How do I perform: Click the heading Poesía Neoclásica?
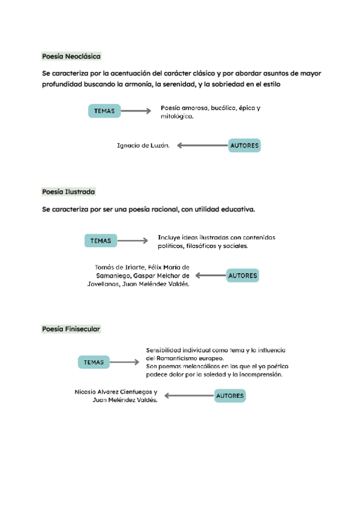[71, 56]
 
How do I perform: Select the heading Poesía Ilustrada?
[68, 191]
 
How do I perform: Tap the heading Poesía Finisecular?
[71, 329]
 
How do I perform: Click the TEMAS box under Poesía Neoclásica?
[104, 110]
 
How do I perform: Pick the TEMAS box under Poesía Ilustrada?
[101, 241]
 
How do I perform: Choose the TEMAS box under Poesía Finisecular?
[94, 362]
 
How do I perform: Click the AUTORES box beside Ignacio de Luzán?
[244, 145]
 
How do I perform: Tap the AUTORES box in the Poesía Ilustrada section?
[242, 276]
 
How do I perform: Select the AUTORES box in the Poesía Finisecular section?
[230, 396]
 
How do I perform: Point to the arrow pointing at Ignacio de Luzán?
[202, 145]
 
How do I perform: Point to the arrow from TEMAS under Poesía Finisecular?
[125, 362]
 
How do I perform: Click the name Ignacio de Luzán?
[143, 145]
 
